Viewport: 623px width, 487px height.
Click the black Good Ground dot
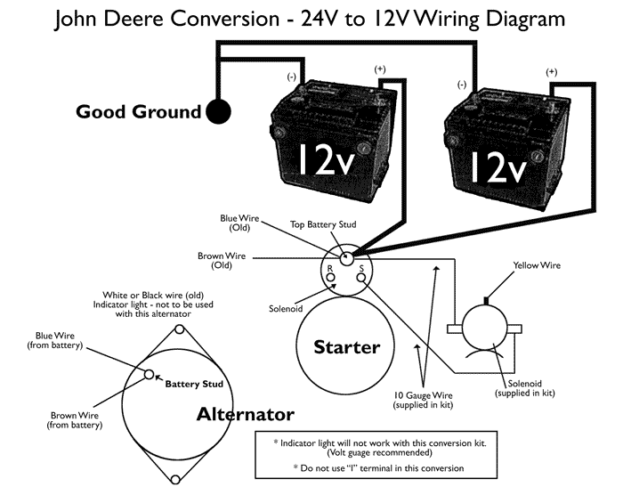(218, 112)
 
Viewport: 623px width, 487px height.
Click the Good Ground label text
(139, 112)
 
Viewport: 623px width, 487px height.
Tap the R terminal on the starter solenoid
(331, 277)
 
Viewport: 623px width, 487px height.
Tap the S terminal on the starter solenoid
(360, 277)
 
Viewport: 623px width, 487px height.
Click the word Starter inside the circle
(347, 347)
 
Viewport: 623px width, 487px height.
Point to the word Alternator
(245, 414)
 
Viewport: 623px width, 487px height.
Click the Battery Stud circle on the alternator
(150, 375)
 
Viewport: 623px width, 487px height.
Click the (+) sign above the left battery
(380, 69)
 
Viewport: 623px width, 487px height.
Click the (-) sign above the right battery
(461, 84)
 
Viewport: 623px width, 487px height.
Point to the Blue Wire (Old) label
(240, 223)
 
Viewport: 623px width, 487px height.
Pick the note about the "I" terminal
(373, 467)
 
